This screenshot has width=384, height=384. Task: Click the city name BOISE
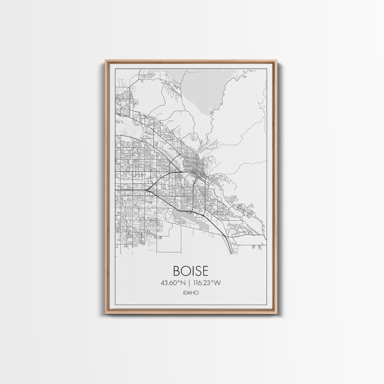tap(191, 271)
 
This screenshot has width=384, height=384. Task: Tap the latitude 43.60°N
tap(173, 283)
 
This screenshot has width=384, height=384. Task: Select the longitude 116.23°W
tap(207, 283)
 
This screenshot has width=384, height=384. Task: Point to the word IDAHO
tap(191, 293)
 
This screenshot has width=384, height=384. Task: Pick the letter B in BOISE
tap(176, 271)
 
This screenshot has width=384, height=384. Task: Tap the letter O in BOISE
tap(184, 271)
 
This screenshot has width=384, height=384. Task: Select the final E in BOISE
tap(205, 271)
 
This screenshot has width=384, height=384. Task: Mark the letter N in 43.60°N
tap(183, 283)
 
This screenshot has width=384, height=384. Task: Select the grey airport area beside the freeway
tap(186, 217)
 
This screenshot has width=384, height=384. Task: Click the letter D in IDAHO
tap(187, 293)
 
